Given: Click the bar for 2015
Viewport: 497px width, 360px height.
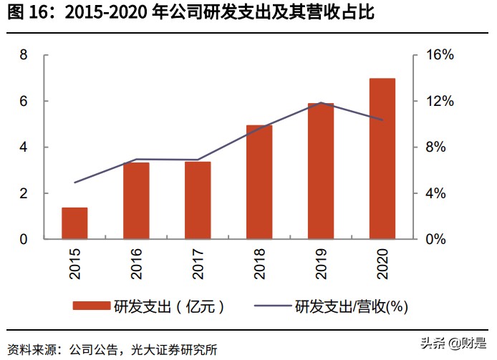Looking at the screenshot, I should (x=74, y=223).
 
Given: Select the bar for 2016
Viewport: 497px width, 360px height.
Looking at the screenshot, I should (x=136, y=201).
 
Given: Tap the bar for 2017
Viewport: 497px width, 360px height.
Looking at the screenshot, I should (x=198, y=200).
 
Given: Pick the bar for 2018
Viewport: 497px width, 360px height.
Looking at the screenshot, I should (x=259, y=183).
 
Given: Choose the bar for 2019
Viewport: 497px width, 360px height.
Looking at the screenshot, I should (x=321, y=172).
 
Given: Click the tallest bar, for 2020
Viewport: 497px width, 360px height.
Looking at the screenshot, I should (x=382, y=159).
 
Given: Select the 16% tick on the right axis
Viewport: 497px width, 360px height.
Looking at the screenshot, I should (x=439, y=55).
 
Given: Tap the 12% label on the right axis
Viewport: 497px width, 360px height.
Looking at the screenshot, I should (x=439, y=101).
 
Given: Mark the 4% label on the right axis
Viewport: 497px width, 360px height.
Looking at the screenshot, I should (x=436, y=193).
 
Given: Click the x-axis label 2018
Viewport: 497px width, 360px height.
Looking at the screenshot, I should (x=259, y=263).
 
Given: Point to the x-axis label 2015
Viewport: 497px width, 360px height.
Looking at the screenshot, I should (x=74, y=263).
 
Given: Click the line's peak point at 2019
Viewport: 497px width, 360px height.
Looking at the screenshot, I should (x=321, y=103).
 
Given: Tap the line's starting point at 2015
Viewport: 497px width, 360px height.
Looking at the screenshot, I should (x=74, y=183).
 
